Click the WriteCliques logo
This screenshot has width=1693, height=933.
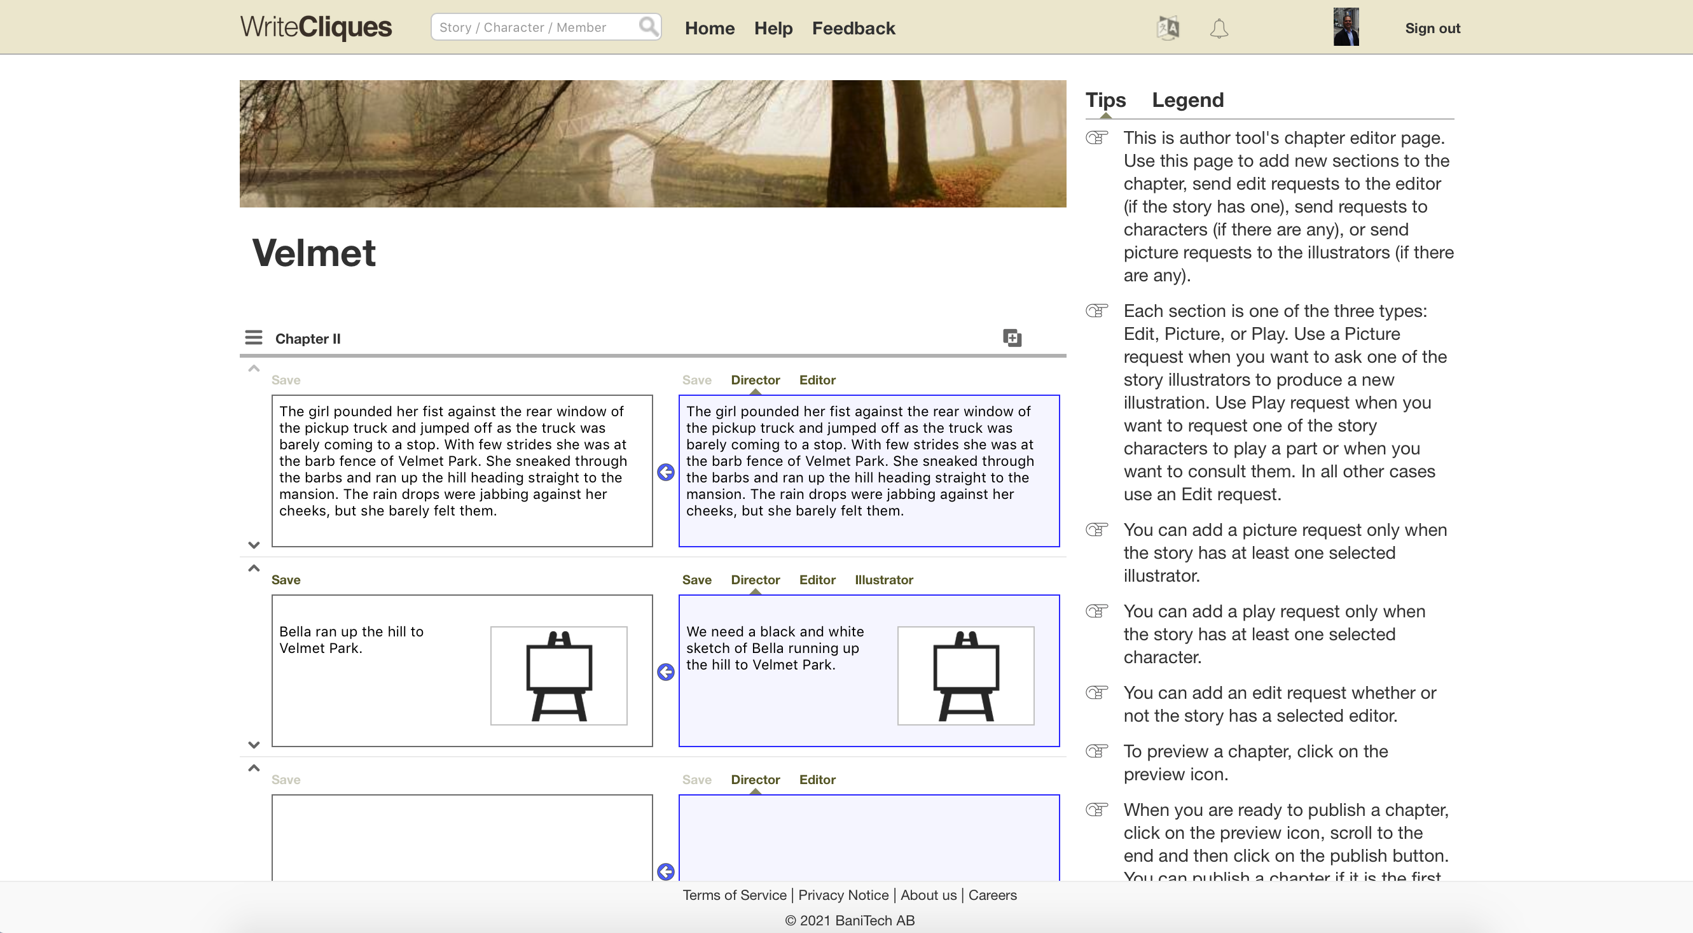(315, 27)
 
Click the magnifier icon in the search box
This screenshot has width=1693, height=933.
(648, 27)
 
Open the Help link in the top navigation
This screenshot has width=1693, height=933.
(773, 28)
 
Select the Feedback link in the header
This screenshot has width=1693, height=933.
(853, 28)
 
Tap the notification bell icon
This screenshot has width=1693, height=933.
(1219, 28)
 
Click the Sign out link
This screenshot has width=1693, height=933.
(1432, 28)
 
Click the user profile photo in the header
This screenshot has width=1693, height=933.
(1345, 27)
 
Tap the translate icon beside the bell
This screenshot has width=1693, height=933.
(1168, 28)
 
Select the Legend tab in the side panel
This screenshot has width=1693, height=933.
(1187, 100)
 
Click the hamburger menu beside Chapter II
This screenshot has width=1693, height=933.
(254, 337)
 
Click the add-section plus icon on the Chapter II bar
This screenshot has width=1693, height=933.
(1012, 338)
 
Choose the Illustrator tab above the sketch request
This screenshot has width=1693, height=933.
(883, 580)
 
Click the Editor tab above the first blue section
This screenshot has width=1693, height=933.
(817, 380)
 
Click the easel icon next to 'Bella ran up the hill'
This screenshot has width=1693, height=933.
(558, 676)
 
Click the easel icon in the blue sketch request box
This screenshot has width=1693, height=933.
(965, 676)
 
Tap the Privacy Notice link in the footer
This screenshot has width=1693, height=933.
(843, 895)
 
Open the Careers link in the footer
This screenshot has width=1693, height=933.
(992, 895)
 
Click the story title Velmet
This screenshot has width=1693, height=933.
(314, 253)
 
